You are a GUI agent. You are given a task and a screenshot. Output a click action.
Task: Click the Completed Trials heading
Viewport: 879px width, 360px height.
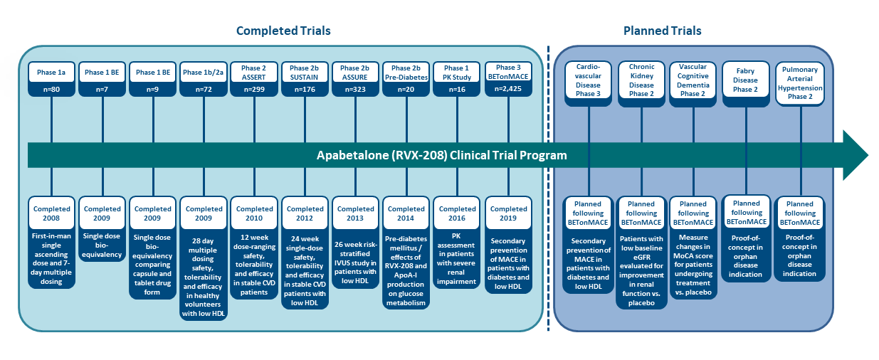click(x=283, y=31)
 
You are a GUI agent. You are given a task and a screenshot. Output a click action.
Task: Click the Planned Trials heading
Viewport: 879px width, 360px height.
click(x=663, y=31)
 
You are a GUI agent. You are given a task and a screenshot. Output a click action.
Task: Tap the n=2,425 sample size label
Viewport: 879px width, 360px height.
click(x=508, y=89)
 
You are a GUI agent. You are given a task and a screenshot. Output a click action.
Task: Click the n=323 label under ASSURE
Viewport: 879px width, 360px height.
click(x=355, y=90)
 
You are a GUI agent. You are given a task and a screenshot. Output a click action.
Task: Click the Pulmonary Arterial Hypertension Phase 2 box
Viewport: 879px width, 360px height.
click(x=800, y=83)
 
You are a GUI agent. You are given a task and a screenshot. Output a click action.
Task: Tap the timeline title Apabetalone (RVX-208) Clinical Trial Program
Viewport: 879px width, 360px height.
click(x=442, y=155)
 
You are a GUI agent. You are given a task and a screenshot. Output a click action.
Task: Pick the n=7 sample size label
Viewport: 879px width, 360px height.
click(x=102, y=90)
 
